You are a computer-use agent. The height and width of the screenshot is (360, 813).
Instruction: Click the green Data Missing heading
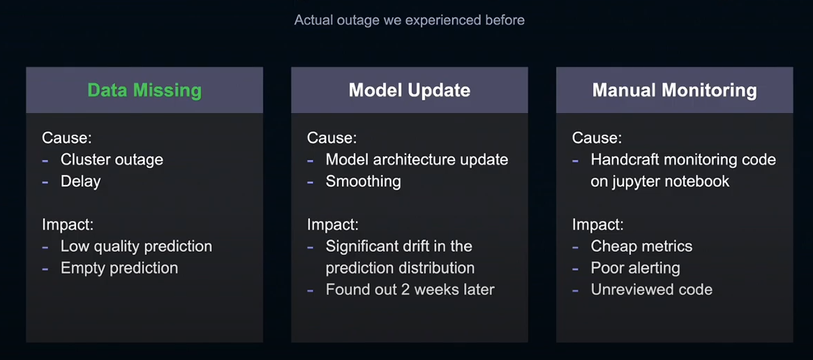point(144,90)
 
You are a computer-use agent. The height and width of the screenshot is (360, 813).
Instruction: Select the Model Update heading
point(410,90)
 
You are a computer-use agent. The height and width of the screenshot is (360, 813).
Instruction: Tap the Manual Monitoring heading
point(675,90)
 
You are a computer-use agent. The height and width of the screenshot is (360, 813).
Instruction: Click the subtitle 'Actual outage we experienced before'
point(410,20)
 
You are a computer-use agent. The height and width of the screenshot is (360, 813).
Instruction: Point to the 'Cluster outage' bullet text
point(112,159)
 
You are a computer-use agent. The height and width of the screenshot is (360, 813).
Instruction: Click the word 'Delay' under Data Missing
point(80,181)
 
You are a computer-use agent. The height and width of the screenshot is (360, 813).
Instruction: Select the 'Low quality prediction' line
point(136,246)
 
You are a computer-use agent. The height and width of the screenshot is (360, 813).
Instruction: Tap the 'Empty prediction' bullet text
point(119,268)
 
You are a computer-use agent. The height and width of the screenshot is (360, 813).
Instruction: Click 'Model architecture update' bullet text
point(417,159)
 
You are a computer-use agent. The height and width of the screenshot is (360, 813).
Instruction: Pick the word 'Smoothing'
point(363,181)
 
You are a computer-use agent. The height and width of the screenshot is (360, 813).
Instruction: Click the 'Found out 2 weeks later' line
point(410,289)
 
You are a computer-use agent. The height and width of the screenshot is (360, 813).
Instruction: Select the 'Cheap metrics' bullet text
point(641,246)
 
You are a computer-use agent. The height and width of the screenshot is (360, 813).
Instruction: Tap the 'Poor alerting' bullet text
point(635,268)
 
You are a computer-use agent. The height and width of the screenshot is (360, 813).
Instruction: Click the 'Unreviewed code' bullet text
point(652,289)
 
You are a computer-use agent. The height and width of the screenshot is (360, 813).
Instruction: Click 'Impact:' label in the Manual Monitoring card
point(598,225)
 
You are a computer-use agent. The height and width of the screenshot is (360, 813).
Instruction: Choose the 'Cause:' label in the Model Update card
point(332,138)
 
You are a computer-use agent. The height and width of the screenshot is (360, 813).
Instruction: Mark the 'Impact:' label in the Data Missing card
point(68,225)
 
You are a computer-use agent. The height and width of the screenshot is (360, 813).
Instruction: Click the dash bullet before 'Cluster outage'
point(45,160)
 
